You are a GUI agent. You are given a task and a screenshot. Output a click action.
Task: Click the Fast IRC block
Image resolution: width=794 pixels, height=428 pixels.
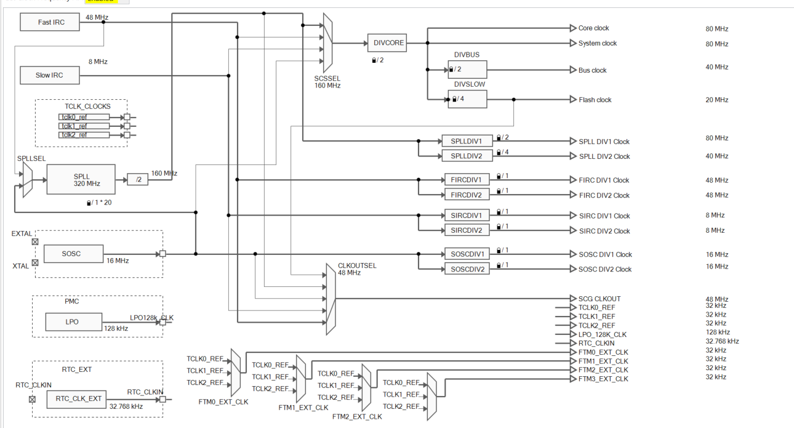point(50,22)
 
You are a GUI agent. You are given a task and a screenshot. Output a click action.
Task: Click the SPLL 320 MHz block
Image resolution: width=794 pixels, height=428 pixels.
point(81,180)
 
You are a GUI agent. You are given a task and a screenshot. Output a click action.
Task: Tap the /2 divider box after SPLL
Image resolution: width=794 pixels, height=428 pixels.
point(138,179)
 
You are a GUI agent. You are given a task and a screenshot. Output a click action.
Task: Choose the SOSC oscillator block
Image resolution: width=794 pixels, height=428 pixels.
point(71,254)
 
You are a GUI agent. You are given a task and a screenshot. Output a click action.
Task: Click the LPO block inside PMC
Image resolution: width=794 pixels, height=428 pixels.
point(72,321)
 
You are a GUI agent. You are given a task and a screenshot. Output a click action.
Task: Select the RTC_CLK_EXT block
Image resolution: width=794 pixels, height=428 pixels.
point(79,398)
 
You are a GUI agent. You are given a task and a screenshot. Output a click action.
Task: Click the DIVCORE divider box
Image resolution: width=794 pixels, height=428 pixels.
point(387,43)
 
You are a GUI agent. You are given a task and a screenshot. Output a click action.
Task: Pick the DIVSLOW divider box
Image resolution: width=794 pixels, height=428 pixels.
point(467,99)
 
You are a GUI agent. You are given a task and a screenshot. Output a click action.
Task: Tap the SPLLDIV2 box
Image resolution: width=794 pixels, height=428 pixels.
point(467,156)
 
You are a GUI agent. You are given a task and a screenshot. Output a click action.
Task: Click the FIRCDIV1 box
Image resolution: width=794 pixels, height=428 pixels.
point(467,180)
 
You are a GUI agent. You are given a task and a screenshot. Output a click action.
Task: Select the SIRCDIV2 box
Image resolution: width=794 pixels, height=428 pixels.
point(467,230)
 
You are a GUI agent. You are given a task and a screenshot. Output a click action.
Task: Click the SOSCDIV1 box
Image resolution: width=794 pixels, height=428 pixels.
point(467,254)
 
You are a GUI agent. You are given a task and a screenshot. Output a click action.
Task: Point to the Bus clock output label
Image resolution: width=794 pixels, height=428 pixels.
point(592,70)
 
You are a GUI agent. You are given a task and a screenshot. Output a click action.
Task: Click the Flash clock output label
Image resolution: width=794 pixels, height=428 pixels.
point(595,100)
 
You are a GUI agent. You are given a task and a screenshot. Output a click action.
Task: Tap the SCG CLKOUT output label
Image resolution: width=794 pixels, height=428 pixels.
point(600,299)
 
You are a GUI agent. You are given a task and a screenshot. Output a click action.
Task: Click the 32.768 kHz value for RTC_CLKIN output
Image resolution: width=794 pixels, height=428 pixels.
point(722,341)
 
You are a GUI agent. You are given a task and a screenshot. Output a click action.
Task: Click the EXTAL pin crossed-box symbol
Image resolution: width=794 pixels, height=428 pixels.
point(35,242)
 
